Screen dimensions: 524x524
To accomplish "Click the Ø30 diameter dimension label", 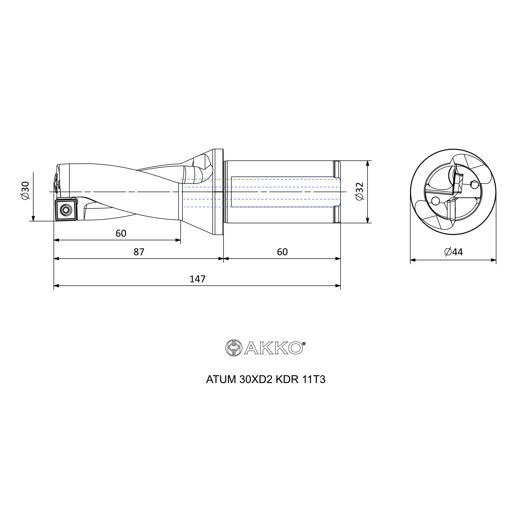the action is coord(25,191).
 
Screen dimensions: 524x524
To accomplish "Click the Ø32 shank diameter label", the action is coord(359,192).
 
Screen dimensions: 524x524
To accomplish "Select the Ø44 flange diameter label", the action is coord(454,252).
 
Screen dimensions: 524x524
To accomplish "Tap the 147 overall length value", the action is coord(198,279).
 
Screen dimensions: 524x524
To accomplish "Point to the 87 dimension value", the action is coord(139,252).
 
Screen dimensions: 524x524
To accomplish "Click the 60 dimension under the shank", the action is coord(282,252).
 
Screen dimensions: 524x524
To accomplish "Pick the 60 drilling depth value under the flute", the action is coord(121,233).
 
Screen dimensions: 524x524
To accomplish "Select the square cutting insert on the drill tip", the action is coord(66,210).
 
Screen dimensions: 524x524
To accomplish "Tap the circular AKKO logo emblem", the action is coord(234,348).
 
